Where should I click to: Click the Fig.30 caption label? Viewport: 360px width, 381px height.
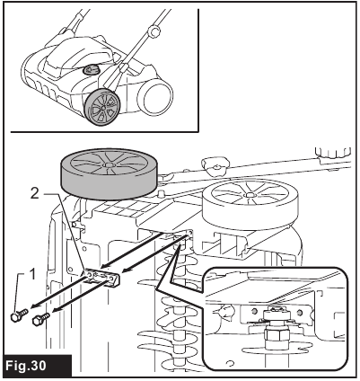click(26, 366)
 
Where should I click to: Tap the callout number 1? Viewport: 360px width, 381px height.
click(32, 275)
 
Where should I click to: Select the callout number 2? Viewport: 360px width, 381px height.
click(35, 194)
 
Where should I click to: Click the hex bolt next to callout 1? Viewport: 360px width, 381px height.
click(19, 315)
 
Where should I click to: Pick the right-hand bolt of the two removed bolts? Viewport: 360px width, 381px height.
click(41, 319)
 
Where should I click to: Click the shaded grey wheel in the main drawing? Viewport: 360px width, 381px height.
click(110, 173)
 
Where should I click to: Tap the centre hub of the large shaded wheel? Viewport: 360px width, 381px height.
click(108, 164)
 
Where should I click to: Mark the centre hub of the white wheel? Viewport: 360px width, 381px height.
click(249, 195)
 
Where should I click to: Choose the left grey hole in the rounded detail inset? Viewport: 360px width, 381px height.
click(255, 311)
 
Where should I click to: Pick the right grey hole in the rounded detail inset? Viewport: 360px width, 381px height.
click(299, 313)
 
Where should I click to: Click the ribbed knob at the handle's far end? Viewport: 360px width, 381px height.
click(334, 154)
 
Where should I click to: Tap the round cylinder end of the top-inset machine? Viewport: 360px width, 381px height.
click(154, 98)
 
